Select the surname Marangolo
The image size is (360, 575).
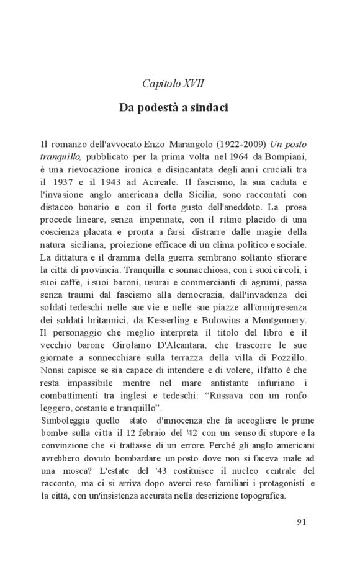click(158, 143)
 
